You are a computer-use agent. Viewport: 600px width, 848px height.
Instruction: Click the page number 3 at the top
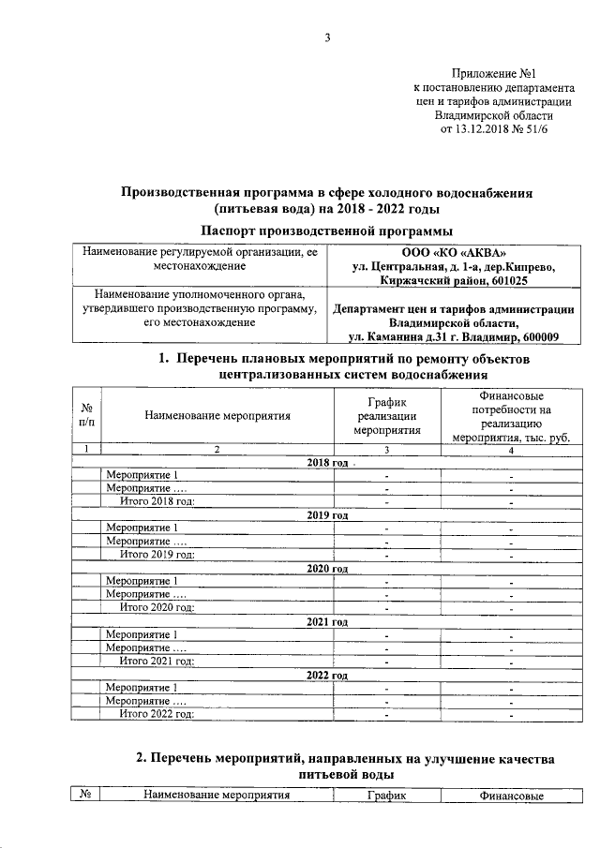tap(327, 37)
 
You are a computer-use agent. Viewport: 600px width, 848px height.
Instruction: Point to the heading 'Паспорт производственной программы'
tap(326, 230)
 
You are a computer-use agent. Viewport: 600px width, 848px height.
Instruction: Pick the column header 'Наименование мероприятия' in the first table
tap(217, 415)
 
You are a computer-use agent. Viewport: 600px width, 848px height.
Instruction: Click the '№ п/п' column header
tap(86, 415)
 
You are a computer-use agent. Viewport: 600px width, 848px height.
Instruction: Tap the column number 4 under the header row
tap(511, 451)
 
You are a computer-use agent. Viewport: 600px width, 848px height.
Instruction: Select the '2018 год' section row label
tap(327, 463)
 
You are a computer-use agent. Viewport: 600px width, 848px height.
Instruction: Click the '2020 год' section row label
tap(327, 568)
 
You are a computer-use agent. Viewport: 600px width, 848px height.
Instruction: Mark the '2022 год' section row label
tap(327, 675)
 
